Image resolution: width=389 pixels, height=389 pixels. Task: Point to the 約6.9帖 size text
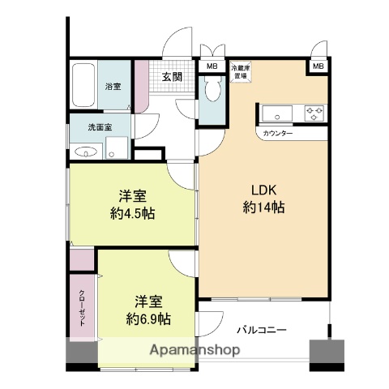pyautogui.click(x=148, y=318)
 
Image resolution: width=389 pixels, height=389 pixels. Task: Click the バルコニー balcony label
pyautogui.click(x=262, y=330)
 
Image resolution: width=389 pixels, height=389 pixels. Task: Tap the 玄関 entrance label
pyautogui.click(x=172, y=77)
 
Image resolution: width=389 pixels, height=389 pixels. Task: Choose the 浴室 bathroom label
pyautogui.click(x=113, y=85)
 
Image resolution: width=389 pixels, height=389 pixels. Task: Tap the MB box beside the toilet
pyautogui.click(x=212, y=66)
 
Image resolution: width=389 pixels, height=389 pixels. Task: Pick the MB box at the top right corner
pyautogui.click(x=318, y=66)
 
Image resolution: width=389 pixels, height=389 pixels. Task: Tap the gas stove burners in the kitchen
pyautogui.click(x=314, y=112)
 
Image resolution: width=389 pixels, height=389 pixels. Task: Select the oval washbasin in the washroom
pyautogui.click(x=83, y=150)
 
